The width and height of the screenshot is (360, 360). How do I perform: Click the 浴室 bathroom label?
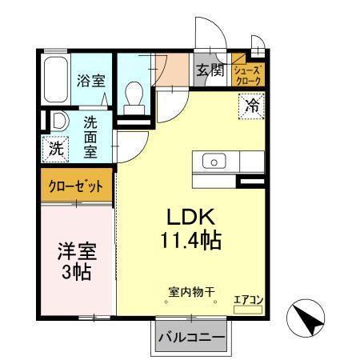coord(90,81)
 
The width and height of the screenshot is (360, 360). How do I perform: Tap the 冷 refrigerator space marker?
coord(251,103)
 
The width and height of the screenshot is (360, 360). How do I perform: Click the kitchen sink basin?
coord(214,162)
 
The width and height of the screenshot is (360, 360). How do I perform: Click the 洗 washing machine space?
coord(56,148)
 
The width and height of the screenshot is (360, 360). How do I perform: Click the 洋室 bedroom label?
coord(77,250)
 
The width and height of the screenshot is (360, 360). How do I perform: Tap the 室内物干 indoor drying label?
coord(191,293)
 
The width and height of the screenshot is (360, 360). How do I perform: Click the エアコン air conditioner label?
coord(248,300)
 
